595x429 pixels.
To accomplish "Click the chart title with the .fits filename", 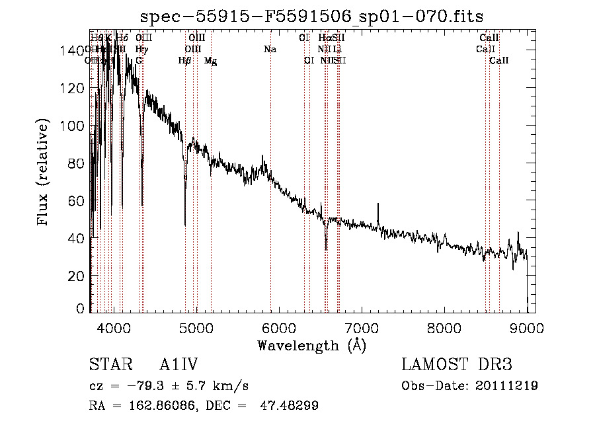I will click(311, 17).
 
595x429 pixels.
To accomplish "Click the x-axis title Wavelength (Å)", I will click(311, 345).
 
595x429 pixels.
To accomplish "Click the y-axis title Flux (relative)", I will click(44, 173).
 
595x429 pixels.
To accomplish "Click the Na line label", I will click(270, 49).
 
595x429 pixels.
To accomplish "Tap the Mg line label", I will click(210, 61).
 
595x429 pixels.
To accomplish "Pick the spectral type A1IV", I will click(178, 365).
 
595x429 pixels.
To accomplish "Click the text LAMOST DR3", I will click(457, 365).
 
